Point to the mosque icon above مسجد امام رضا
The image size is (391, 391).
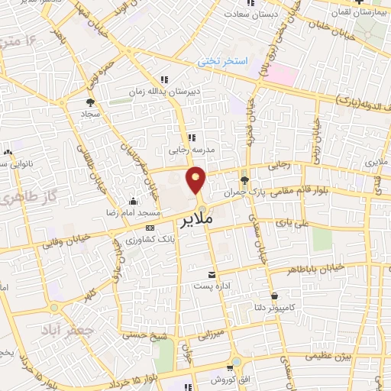(x=134, y=202)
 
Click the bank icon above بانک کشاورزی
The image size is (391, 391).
(x=149, y=228)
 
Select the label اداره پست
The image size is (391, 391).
(x=212, y=286)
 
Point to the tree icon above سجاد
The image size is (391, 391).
(x=91, y=102)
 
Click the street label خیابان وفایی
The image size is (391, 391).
(x=73, y=238)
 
